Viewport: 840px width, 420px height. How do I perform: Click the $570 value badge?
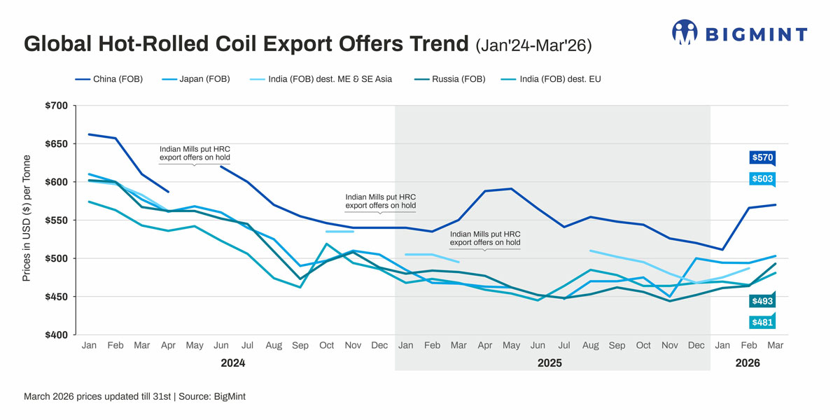pyautogui.click(x=762, y=157)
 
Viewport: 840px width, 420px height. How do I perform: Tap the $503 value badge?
pyautogui.click(x=762, y=179)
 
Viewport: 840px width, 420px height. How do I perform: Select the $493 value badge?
pyautogui.click(x=762, y=301)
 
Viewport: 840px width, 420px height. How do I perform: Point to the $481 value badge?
pyautogui.click(x=762, y=323)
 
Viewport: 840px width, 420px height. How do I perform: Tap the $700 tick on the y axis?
pyautogui.click(x=55, y=106)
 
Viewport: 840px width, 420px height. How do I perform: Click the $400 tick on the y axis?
pyautogui.click(x=55, y=335)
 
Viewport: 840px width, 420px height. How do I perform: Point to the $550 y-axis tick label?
pyautogui.click(x=55, y=220)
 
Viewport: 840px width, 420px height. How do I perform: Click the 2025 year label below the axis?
pyautogui.click(x=549, y=364)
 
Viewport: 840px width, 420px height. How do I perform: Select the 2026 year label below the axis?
pyautogui.click(x=748, y=364)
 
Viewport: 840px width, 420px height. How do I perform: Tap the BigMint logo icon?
pyautogui.click(x=685, y=32)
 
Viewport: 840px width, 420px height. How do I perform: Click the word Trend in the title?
pyautogui.click(x=433, y=45)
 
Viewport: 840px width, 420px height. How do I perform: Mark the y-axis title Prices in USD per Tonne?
pyautogui.click(x=27, y=220)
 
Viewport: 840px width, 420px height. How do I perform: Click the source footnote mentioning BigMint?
pyautogui.click(x=134, y=396)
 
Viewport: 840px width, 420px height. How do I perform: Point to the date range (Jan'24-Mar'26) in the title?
pyautogui.click(x=533, y=46)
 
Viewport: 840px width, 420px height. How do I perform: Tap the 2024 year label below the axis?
pyautogui.click(x=233, y=364)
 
